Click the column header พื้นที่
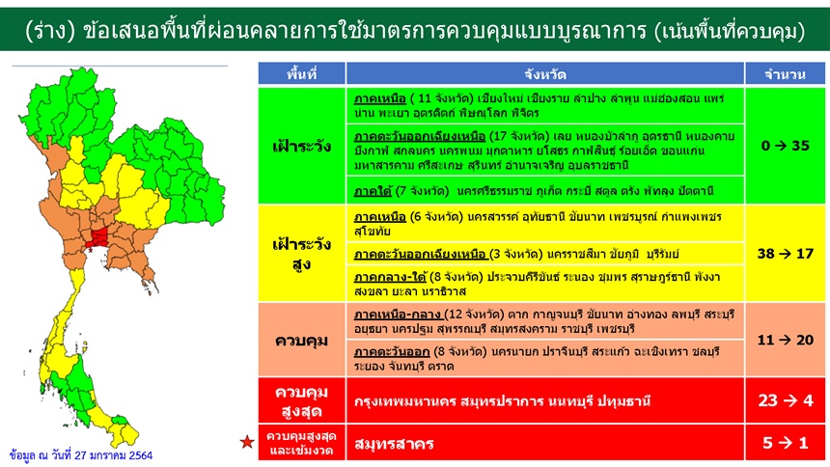click(x=302, y=73)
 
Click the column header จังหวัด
click(x=545, y=73)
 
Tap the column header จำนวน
click(x=785, y=74)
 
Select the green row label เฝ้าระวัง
click(x=302, y=146)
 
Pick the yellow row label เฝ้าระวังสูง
click(x=302, y=254)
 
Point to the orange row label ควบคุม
click(x=302, y=341)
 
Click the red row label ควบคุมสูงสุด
click(x=302, y=401)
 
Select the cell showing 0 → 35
click(x=785, y=146)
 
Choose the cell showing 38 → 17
click(x=785, y=254)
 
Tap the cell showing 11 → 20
click(x=785, y=340)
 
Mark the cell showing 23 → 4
click(x=785, y=400)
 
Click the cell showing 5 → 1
click(x=785, y=443)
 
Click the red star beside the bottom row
click(x=247, y=441)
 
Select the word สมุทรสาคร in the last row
click(x=394, y=444)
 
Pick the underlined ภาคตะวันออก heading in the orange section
click(x=392, y=352)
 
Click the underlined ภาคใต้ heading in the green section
click(x=373, y=191)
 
